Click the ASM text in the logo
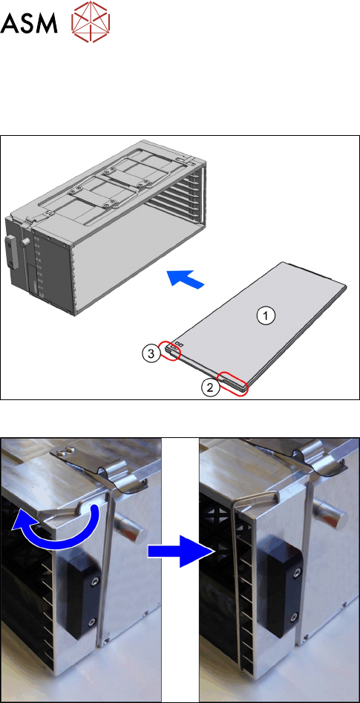pos(29,23)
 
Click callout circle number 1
pos(265,316)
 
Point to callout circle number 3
pos(151,354)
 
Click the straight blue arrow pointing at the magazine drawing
pos(186,279)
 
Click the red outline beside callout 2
pos(232,383)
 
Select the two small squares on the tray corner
pos(179,344)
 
